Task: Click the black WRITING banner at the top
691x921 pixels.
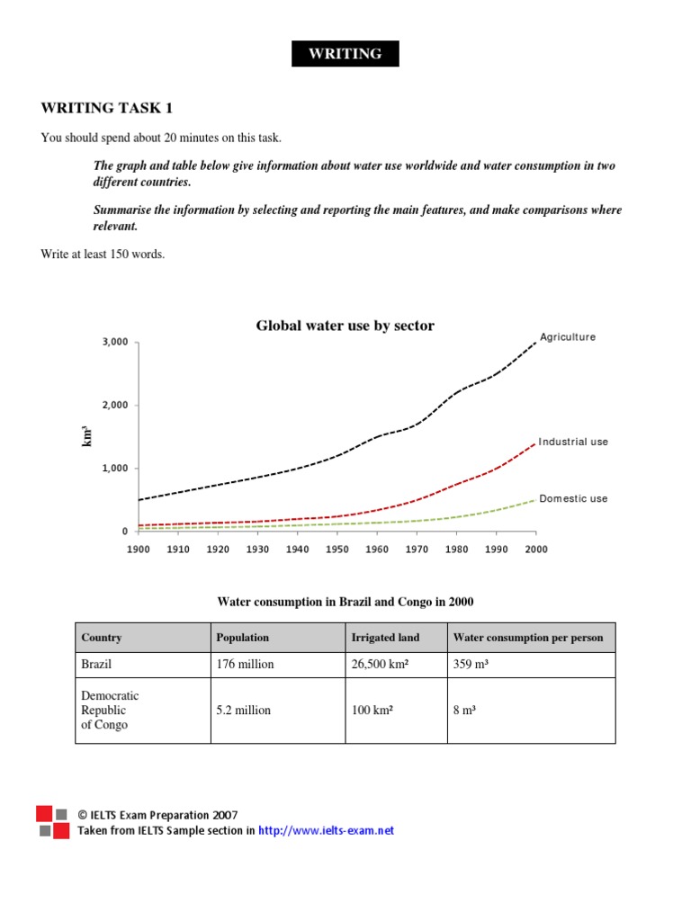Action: pos(345,54)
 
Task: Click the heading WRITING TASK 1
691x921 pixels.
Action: pos(106,109)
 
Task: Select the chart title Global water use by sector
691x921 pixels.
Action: pos(345,326)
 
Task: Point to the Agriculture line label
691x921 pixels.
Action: pos(567,337)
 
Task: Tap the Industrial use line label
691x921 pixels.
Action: pos(573,443)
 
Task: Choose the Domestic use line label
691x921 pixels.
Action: pos(573,498)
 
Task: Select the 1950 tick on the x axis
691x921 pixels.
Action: pos(337,549)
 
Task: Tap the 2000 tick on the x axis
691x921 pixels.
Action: pos(535,549)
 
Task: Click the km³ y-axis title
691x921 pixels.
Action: pos(87,437)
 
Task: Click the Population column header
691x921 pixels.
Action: pos(242,638)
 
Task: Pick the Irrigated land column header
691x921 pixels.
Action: pos(385,638)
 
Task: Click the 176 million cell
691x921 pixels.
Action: pos(245,665)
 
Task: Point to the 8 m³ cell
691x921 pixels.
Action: pos(464,710)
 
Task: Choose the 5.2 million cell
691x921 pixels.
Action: pos(243,710)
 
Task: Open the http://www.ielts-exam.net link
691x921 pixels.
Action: pos(326,831)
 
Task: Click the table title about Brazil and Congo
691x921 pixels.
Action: pos(345,601)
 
